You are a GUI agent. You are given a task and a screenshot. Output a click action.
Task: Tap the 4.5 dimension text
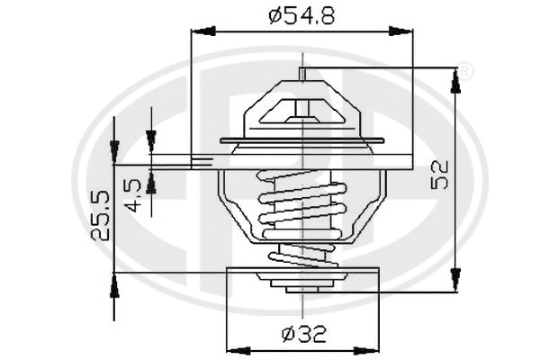click(x=132, y=193)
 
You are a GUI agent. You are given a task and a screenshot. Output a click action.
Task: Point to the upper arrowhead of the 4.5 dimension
click(x=151, y=139)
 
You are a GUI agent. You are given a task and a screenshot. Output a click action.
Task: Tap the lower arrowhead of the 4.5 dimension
click(x=151, y=183)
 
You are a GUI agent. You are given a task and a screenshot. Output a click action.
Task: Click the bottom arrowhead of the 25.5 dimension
click(x=114, y=286)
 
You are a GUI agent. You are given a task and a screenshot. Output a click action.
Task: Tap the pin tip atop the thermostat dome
click(x=302, y=73)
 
